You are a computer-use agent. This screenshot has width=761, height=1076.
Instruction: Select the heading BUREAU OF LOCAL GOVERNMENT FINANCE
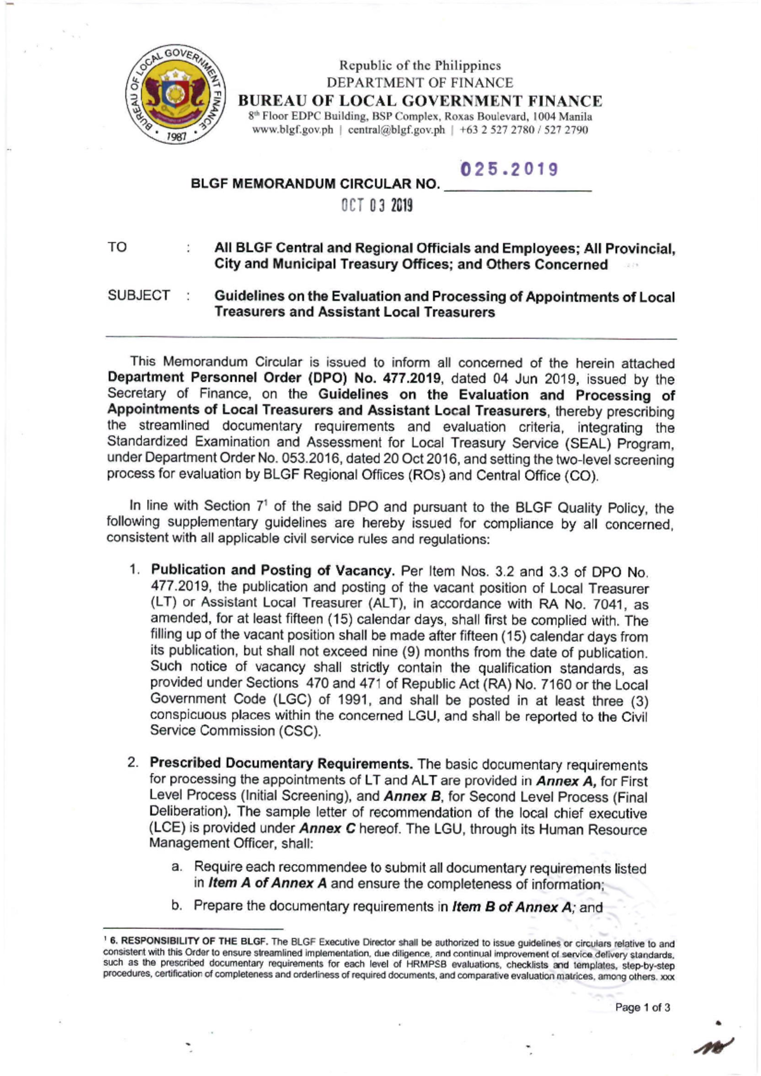[420, 101]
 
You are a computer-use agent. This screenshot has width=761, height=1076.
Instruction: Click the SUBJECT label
[139, 295]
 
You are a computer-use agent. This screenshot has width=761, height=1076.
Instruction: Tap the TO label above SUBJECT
[117, 248]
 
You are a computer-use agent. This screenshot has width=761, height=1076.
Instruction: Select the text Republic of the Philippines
[420, 65]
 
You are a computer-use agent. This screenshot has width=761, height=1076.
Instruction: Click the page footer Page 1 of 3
[642, 1008]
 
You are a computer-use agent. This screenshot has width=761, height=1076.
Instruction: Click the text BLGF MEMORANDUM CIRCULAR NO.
[315, 185]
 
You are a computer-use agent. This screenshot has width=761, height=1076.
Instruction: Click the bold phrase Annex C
[327, 829]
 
